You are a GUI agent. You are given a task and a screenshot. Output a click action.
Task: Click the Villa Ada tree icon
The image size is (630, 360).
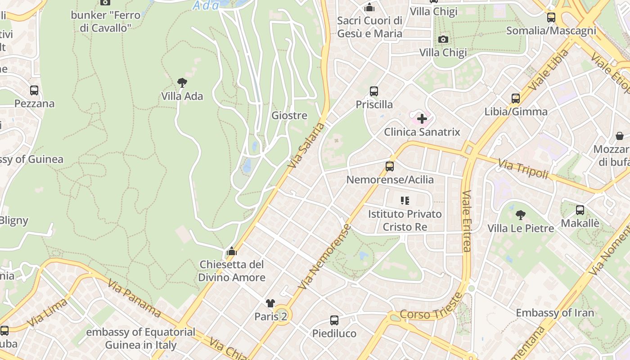[182, 83]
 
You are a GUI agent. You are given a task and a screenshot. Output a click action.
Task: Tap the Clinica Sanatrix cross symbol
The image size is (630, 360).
[422, 119]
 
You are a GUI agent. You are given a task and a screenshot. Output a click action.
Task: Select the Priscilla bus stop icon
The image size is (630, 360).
[373, 91]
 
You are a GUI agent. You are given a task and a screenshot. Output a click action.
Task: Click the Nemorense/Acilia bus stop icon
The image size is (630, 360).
[390, 166]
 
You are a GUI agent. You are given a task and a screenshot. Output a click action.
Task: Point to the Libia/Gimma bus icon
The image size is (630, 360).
[516, 99]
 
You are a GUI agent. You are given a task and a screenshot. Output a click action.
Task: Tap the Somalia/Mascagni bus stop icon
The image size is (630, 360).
[551, 18]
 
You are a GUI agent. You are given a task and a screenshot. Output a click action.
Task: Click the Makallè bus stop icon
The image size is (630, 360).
[580, 210]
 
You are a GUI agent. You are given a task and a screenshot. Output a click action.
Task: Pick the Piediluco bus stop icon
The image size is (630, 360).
[334, 320]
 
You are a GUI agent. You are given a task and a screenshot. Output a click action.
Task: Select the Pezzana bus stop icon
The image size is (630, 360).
[34, 90]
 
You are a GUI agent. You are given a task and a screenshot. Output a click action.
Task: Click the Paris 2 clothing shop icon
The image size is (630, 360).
[270, 303]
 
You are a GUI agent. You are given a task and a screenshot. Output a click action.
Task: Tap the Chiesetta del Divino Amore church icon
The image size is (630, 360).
[232, 251]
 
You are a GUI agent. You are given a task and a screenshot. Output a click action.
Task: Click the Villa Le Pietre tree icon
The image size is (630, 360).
[521, 215]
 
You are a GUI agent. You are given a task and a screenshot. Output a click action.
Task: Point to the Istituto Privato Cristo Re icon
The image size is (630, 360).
[405, 201]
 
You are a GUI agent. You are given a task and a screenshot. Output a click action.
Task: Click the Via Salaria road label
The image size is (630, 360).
[306, 145]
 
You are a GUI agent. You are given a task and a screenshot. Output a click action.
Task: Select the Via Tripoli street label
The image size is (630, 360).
[523, 168]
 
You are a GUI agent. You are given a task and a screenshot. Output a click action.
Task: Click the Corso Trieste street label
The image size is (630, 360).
[431, 308]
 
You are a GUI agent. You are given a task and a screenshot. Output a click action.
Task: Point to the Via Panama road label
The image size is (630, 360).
[134, 298]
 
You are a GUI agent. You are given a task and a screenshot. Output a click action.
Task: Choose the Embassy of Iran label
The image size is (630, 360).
[555, 313]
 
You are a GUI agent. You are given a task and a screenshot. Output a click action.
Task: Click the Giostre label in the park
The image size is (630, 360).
[289, 116]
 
